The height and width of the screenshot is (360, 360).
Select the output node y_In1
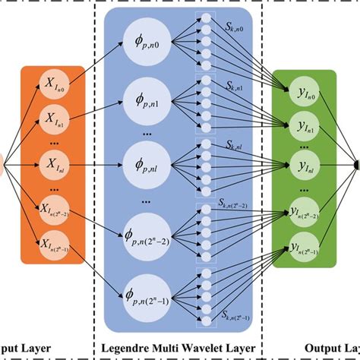pyautogui.click(x=303, y=126)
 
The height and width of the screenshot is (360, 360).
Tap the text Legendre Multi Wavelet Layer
pyautogui.click(x=179, y=350)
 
